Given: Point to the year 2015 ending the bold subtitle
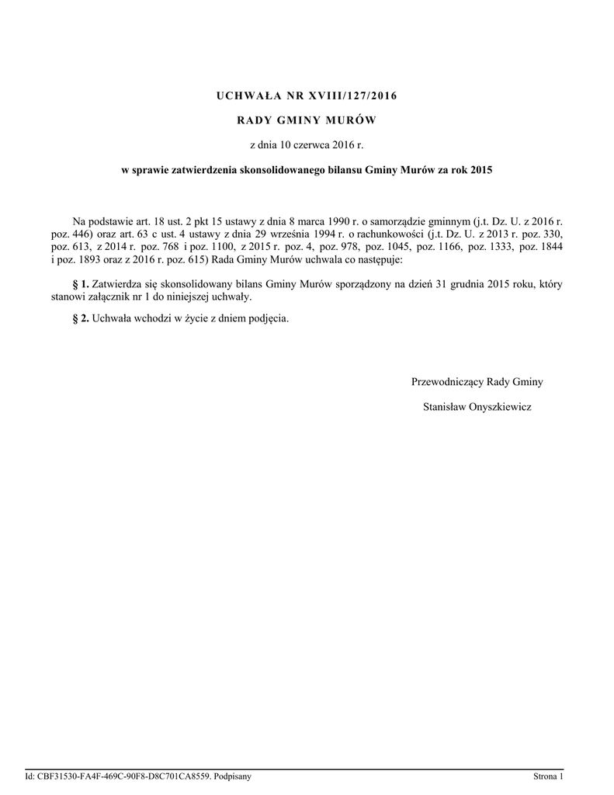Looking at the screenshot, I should (480, 170).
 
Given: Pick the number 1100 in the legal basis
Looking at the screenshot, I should (220, 245).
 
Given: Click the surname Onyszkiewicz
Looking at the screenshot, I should (501, 406).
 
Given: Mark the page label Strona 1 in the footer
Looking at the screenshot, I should (547, 776).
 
